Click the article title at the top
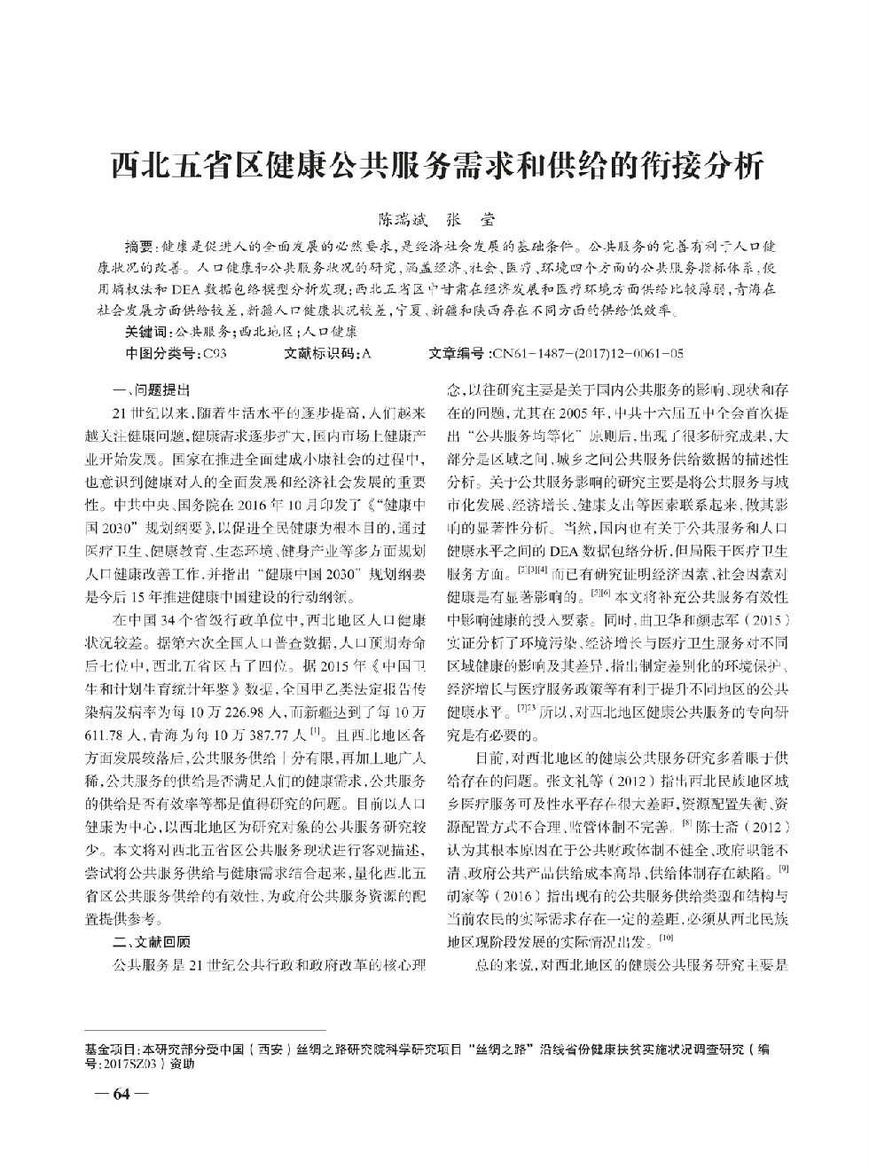click(434, 165)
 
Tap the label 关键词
click(147, 332)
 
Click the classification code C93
click(215, 353)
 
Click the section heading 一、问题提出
click(152, 389)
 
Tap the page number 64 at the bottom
click(121, 1093)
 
